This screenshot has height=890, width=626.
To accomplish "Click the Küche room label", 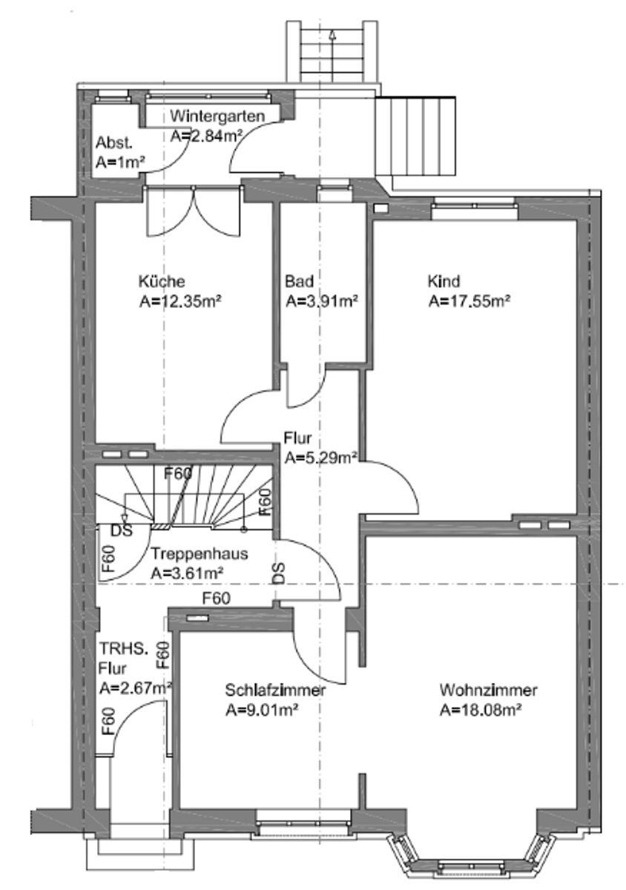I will click(x=161, y=282).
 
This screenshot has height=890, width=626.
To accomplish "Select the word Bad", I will click(x=299, y=282).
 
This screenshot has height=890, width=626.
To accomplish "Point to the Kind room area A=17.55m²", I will click(x=471, y=301).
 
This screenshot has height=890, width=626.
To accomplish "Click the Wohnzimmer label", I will click(x=488, y=690).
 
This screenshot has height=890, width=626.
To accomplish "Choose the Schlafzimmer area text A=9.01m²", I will click(x=261, y=710).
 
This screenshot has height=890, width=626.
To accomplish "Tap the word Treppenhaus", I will click(x=199, y=554).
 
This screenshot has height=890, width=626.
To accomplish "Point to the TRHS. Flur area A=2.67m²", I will click(x=136, y=687).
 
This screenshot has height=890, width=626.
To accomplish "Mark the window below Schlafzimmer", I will click(x=303, y=822).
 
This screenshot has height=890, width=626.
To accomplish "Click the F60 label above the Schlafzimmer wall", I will click(x=215, y=598).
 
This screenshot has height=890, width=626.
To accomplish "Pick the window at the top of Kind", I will click(x=474, y=210).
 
